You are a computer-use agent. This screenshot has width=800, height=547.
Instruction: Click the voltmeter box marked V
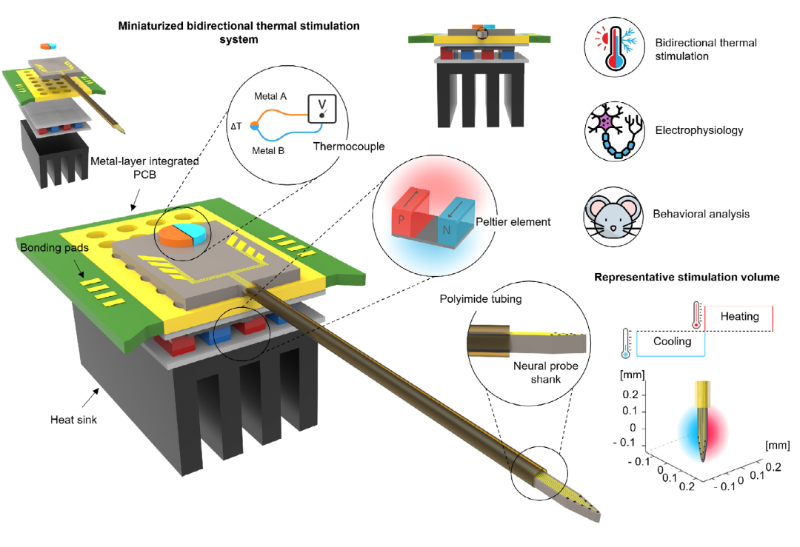tap(322, 109)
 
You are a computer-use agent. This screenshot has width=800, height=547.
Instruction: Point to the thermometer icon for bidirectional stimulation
tap(614, 47)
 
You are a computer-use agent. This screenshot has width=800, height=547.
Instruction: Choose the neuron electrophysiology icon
tap(614, 131)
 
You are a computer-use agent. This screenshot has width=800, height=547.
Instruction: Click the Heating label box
tap(739, 318)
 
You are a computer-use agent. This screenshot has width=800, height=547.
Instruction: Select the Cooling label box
tap(671, 343)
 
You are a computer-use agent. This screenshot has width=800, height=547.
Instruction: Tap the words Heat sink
tap(73, 420)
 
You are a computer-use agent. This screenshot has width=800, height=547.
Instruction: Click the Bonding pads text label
tap(55, 248)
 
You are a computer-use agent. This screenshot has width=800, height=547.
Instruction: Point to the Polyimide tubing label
tap(481, 299)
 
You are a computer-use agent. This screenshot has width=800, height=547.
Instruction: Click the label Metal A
tap(270, 96)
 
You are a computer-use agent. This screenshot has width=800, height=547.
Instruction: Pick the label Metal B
tap(268, 150)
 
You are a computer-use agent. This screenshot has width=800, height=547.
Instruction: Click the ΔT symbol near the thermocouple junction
tap(236, 126)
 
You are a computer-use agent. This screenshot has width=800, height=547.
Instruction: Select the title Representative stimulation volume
tap(687, 278)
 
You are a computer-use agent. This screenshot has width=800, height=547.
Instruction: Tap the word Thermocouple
tap(349, 147)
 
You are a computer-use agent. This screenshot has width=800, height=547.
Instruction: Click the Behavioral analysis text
tap(701, 214)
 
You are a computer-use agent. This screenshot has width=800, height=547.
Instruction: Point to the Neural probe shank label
tap(545, 372)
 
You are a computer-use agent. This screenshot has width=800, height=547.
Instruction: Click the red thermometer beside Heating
tap(696, 315)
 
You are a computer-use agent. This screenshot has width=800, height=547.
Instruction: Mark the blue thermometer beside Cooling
tap(626, 343)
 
